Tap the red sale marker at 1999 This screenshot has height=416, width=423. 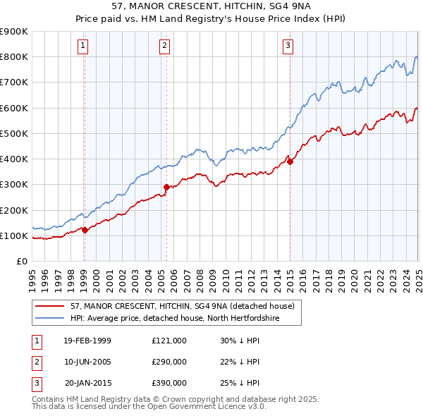[x=85, y=229]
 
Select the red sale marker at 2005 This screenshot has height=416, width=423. [x=166, y=187]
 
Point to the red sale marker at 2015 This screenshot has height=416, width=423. [x=290, y=161]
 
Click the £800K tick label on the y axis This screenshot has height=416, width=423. [x=14, y=56]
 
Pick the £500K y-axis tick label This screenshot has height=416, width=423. [x=14, y=133]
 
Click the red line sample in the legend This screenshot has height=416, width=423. [x=51, y=305]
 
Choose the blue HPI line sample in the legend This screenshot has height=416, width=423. [x=51, y=318]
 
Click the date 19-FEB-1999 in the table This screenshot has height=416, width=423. [x=87, y=341]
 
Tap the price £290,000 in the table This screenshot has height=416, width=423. [x=169, y=362]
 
